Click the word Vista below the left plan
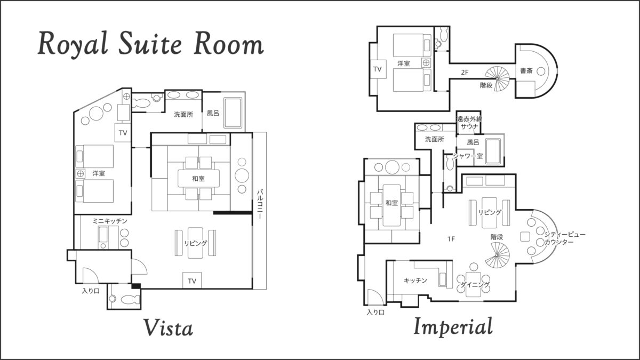click(x=168, y=327)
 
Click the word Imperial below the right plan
click(x=453, y=326)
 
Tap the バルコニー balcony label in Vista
click(x=260, y=204)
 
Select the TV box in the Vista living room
click(x=192, y=281)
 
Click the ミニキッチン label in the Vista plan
click(x=110, y=221)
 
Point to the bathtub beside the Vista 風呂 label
click(x=233, y=113)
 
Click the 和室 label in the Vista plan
click(x=198, y=179)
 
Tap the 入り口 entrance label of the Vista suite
click(x=91, y=291)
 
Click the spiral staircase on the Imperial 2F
click(x=497, y=78)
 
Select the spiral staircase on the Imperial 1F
click(x=497, y=255)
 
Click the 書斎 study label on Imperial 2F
click(x=526, y=70)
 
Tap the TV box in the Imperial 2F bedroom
click(x=378, y=69)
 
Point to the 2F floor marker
click(x=465, y=73)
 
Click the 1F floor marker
click(x=451, y=239)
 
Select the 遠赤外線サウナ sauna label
click(x=469, y=123)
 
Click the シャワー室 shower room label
click(x=468, y=156)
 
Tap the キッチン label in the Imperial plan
click(x=415, y=281)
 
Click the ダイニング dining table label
click(x=475, y=285)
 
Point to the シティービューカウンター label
click(x=565, y=238)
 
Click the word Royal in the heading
click(x=73, y=43)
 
